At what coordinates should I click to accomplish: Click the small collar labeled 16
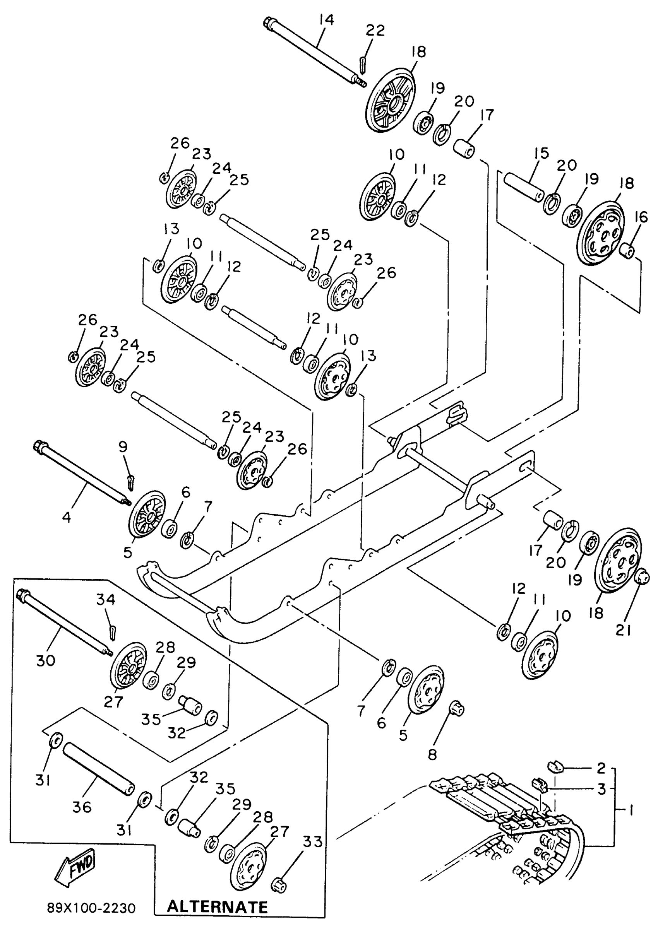tap(628, 250)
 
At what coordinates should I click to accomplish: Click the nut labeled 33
tap(279, 882)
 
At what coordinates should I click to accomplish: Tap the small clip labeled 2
tap(554, 764)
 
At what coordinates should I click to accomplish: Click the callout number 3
tap(601, 788)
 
